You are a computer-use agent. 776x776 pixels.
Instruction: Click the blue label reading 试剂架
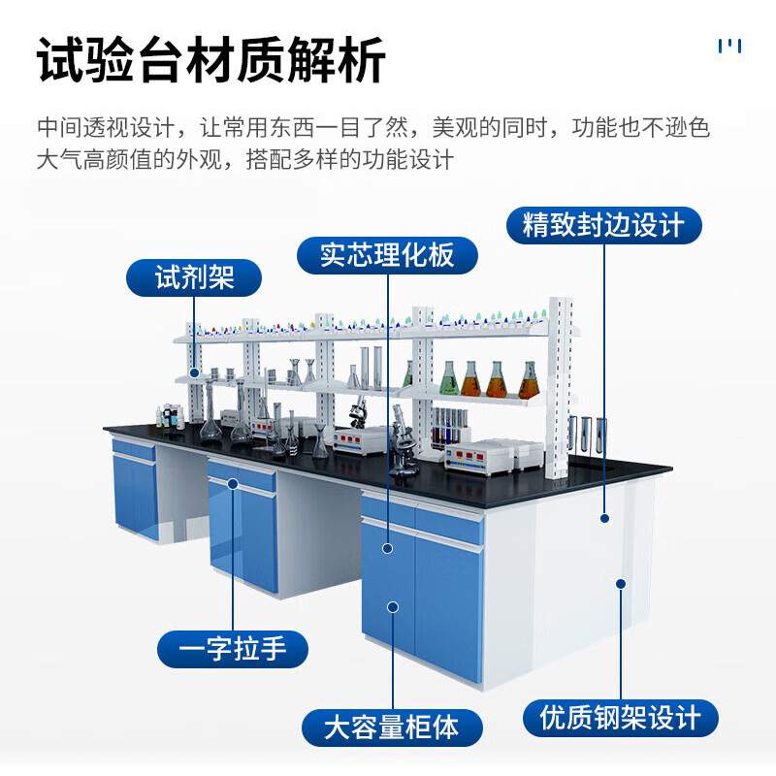[x=194, y=279]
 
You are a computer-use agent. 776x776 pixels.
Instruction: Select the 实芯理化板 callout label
[x=387, y=255]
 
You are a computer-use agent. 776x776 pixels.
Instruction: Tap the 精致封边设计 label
[x=603, y=225]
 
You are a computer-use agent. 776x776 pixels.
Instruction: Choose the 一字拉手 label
[x=233, y=648]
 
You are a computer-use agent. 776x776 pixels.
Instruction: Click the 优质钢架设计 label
[x=621, y=719]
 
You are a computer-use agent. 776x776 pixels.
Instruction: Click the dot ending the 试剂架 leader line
[x=194, y=372]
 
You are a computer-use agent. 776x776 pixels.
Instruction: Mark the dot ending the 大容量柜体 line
[x=393, y=607]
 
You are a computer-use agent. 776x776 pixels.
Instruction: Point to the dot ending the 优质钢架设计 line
[x=621, y=584]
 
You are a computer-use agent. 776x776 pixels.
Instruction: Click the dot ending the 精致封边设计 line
[x=604, y=518]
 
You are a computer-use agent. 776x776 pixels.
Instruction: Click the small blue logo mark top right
[x=729, y=46]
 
